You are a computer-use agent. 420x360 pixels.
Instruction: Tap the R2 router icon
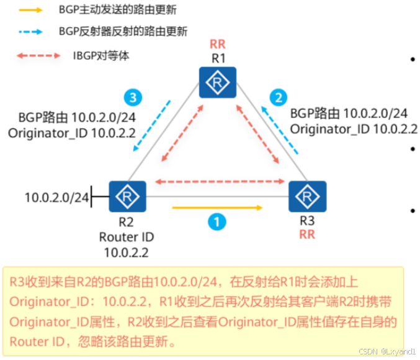127,197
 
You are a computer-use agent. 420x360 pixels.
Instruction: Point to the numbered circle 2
279,97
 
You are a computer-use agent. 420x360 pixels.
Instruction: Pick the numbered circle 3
132,97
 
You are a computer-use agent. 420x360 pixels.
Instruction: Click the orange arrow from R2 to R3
217,208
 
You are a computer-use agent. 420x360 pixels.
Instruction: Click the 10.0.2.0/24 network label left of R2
56,198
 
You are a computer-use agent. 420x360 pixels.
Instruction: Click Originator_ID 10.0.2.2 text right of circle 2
354,129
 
